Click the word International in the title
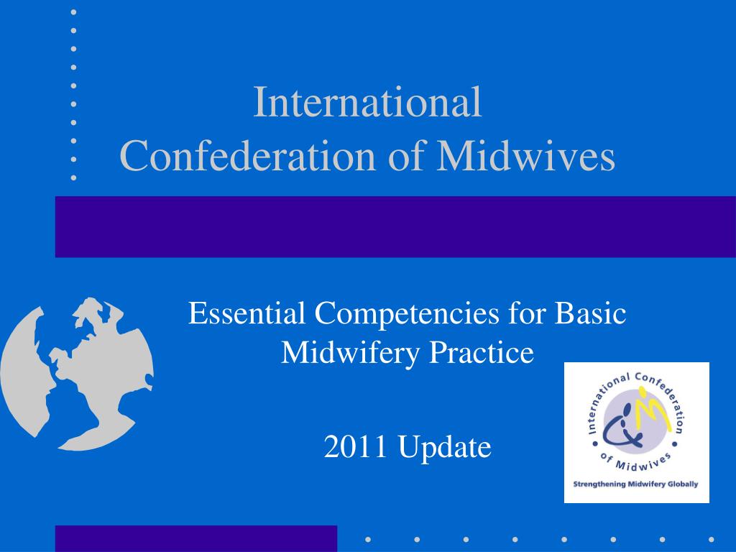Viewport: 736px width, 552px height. pyautogui.click(x=367, y=102)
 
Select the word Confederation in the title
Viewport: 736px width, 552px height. pyautogui.click(x=248, y=155)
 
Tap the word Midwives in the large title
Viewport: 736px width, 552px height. pyautogui.click(x=525, y=155)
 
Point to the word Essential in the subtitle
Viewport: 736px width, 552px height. pyautogui.click(x=247, y=313)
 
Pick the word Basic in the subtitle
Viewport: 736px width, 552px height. pyautogui.click(x=590, y=313)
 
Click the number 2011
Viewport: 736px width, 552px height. pyautogui.click(x=355, y=446)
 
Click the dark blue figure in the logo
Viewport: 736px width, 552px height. pyautogui.click(x=622, y=428)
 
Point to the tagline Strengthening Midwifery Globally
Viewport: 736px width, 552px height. pyautogui.click(x=635, y=484)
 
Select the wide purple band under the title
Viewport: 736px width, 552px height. pyautogui.click(x=395, y=226)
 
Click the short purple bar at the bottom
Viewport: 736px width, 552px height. pyautogui.click(x=196, y=538)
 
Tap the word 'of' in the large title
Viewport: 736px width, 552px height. pyautogui.click(x=406, y=155)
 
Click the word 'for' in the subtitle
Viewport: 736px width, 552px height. pyautogui.click(x=527, y=313)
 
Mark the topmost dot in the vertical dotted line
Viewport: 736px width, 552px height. pyautogui.click(x=74, y=12)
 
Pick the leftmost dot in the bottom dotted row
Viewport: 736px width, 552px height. pyautogui.click(x=368, y=540)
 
